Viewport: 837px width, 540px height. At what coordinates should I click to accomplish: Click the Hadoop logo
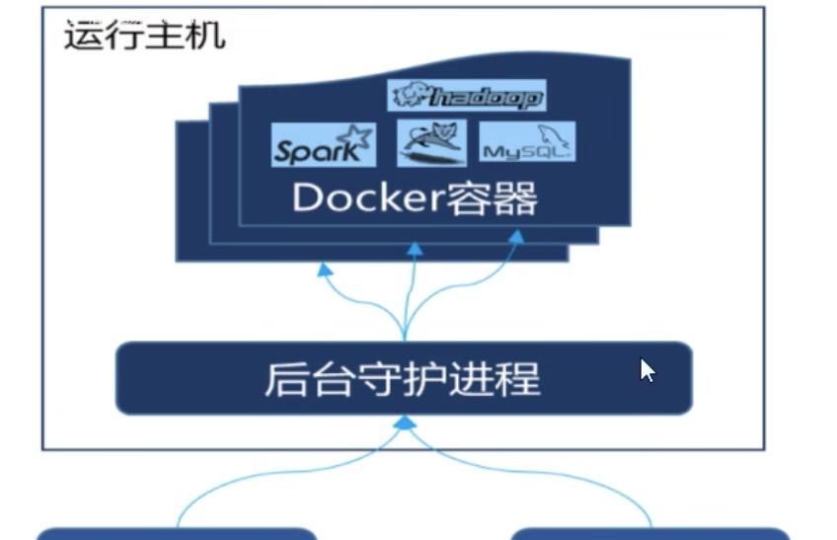coord(467,96)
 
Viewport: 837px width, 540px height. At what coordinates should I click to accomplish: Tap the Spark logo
coord(324,145)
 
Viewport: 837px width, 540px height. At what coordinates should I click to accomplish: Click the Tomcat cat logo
coord(430,143)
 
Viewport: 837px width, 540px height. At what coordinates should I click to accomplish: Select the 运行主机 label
coord(144,36)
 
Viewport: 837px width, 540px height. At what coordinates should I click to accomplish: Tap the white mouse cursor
coord(647,370)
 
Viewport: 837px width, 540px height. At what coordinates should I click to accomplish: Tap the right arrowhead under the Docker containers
coord(514,237)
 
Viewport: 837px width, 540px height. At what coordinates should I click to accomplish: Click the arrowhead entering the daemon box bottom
coord(404,423)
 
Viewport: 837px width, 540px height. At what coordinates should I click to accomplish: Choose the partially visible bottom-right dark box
coord(650,534)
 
